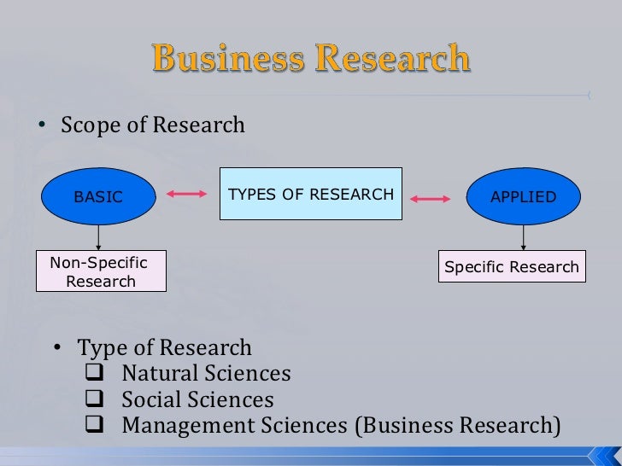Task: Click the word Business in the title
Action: tap(225, 60)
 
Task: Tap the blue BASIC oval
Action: tap(98, 196)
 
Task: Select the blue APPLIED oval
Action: tap(523, 196)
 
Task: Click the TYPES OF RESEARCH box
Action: tap(311, 194)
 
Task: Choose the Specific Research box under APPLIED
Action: tap(512, 267)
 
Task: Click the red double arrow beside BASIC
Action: tap(186, 195)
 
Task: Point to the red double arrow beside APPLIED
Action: tap(431, 199)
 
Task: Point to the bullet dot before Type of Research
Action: tap(58, 348)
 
